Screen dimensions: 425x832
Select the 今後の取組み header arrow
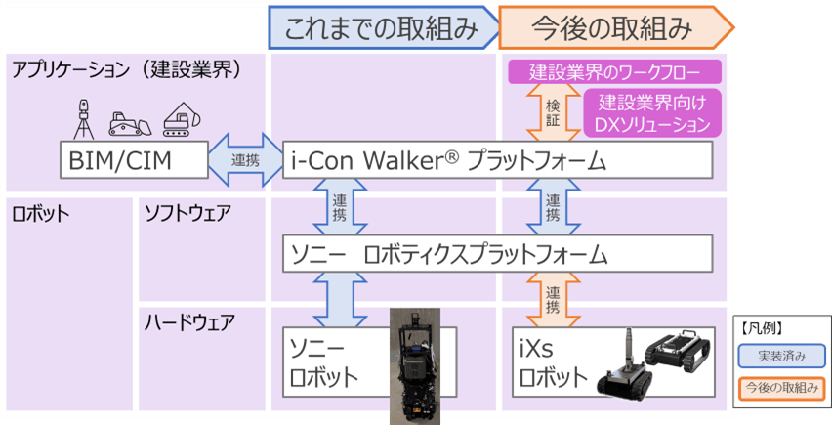(612, 28)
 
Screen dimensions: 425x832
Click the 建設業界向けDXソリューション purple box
(652, 112)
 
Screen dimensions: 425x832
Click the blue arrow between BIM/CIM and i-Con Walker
(245, 160)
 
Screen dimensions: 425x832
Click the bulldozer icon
(129, 120)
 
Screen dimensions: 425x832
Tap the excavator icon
(180, 117)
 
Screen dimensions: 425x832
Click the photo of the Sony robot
(417, 366)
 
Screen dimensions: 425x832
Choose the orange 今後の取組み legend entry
(779, 389)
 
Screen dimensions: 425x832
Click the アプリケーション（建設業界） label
(126, 69)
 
